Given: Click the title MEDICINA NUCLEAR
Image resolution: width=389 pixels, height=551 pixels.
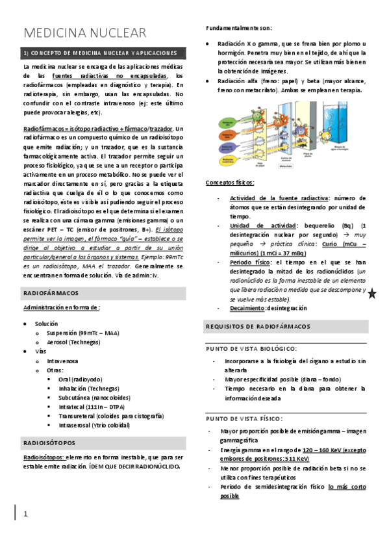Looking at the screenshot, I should (x=85, y=33).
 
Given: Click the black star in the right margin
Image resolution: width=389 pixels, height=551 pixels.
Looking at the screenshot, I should (x=372, y=294).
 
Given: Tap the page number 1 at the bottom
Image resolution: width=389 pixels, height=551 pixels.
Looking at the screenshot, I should (x=25, y=514).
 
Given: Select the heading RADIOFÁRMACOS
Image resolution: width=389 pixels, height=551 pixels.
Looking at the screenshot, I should (x=51, y=293).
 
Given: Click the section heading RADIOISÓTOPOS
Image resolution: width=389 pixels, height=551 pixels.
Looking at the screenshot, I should (x=49, y=443).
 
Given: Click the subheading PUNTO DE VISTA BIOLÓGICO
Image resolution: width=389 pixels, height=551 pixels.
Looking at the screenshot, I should (x=251, y=348).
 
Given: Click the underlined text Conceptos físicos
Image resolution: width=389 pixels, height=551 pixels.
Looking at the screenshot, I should (x=230, y=183).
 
